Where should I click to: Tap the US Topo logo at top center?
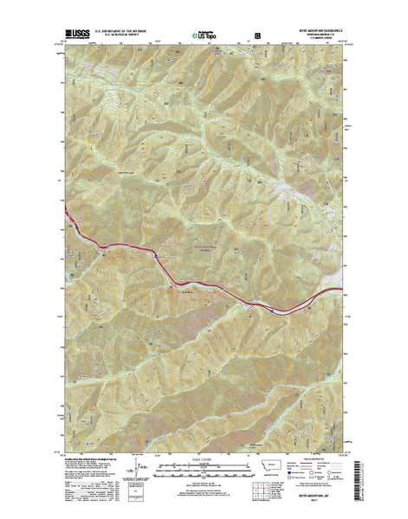tap(204, 36)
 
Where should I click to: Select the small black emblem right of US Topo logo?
tap(256, 36)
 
